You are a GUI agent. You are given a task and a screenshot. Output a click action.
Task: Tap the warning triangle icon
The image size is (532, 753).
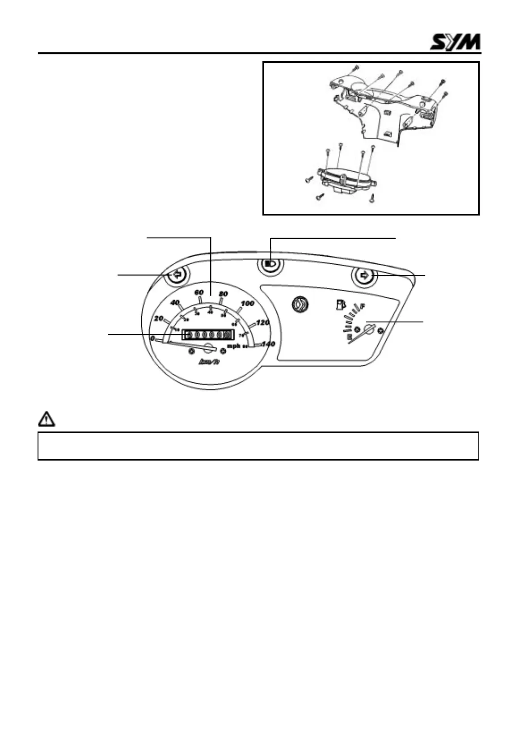click(x=46, y=419)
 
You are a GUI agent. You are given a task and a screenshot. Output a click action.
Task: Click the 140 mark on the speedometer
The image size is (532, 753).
click(x=268, y=344)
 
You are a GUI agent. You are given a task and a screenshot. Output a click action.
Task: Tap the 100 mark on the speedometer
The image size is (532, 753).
click(x=247, y=304)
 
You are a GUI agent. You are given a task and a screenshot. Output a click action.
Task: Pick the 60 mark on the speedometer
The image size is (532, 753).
click(x=199, y=292)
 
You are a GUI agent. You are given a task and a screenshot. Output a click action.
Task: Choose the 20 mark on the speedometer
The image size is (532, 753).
click(x=158, y=318)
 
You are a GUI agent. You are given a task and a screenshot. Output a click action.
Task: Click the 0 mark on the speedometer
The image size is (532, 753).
click(x=152, y=339)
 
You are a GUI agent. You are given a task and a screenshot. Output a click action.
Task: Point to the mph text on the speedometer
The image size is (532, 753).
click(x=233, y=346)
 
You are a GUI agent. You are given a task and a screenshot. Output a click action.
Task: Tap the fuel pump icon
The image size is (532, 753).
click(x=341, y=305)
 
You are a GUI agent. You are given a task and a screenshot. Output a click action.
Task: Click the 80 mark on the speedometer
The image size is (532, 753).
click(x=223, y=294)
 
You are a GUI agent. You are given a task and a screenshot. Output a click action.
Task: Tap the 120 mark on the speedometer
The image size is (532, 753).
click(x=263, y=322)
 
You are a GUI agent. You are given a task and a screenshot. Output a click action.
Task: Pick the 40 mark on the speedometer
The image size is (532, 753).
click(x=175, y=303)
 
